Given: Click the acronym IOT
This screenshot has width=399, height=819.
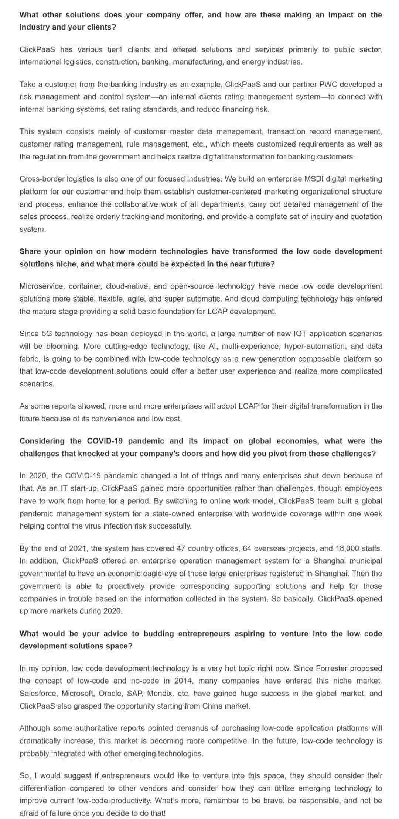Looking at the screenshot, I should tap(300, 334).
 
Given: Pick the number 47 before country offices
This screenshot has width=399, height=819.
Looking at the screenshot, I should tap(181, 548).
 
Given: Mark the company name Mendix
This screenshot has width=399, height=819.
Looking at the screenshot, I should tap(160, 693).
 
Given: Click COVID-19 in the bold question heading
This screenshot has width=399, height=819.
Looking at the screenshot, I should tap(105, 441).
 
